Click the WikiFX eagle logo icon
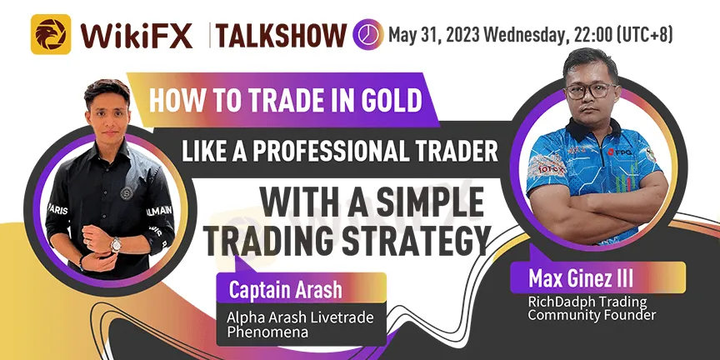pyautogui.click(x=51, y=34)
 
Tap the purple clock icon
pyautogui.click(x=368, y=34)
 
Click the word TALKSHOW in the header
pyautogui.click(x=281, y=35)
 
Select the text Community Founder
pyautogui.click(x=592, y=316)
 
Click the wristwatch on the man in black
pyautogui.click(x=116, y=244)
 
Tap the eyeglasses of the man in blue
pyautogui.click(x=591, y=91)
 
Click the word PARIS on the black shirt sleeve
pyautogui.click(x=58, y=210)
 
